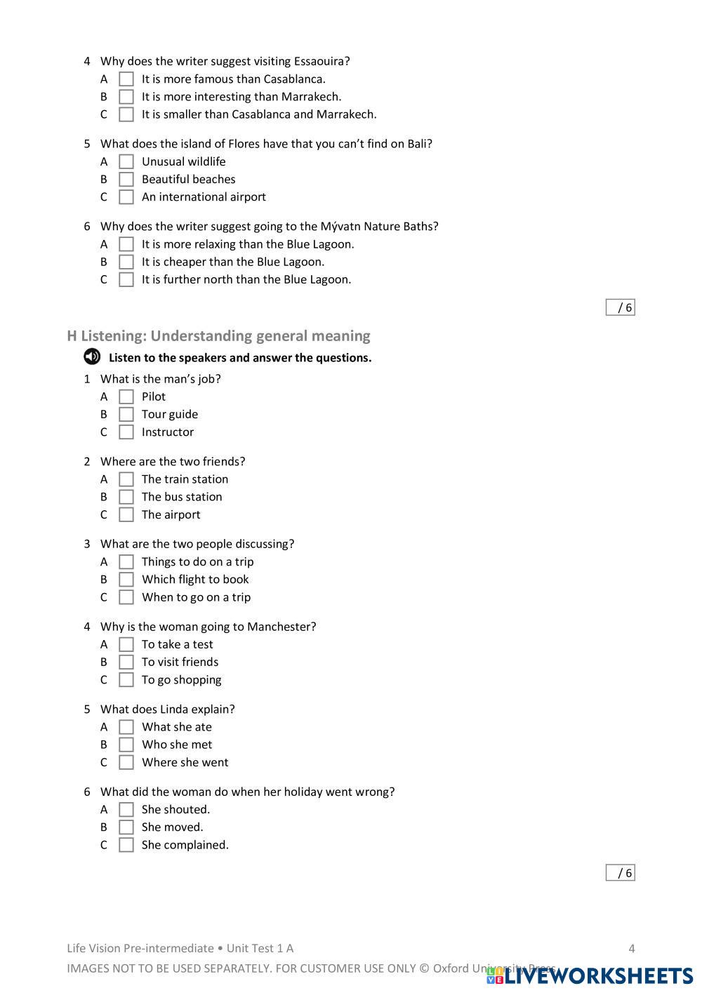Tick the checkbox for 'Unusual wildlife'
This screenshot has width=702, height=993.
click(126, 161)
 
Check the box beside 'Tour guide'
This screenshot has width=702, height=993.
click(126, 414)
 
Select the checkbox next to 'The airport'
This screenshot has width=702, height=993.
click(126, 514)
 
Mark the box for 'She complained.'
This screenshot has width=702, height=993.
click(126, 845)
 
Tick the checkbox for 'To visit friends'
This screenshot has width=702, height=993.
click(126, 662)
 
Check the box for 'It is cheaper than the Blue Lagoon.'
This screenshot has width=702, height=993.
click(126, 262)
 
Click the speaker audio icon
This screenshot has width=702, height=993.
click(92, 357)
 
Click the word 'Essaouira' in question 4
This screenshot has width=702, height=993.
click(319, 61)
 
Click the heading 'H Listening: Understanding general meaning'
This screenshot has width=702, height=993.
click(218, 335)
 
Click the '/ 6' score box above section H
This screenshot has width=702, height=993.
click(621, 307)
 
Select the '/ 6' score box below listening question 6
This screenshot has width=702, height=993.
click(621, 873)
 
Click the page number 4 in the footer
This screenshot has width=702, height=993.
click(632, 949)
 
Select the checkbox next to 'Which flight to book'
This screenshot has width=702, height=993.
click(126, 580)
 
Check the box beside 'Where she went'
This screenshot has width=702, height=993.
click(126, 762)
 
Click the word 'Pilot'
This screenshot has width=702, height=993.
click(154, 396)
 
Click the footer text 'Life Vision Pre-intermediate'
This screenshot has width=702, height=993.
click(140, 949)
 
